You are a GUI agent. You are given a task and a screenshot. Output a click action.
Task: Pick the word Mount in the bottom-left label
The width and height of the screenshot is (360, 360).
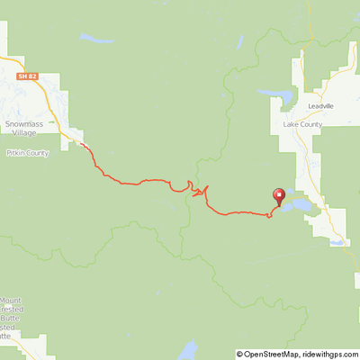pos(11,300)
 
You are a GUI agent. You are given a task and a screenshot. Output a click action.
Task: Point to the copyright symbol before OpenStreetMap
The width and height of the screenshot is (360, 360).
pos(243,354)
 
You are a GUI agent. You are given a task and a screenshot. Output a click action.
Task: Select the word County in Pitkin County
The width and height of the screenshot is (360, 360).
pos(41,153)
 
